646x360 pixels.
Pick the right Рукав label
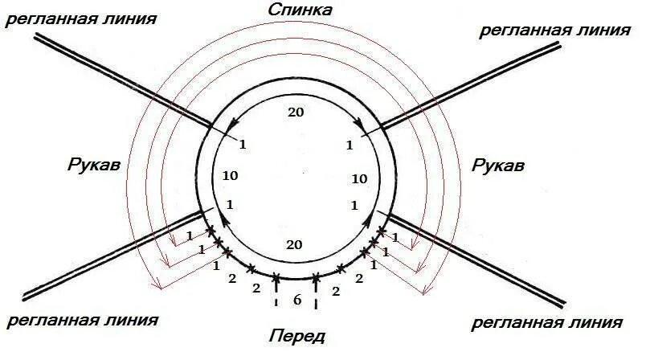pyautogui.click(x=497, y=166)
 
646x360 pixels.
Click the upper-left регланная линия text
pyautogui.click(x=80, y=18)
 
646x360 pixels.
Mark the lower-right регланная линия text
pyautogui.click(x=546, y=324)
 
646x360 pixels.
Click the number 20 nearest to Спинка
pyautogui.click(x=295, y=112)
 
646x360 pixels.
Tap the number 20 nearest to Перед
pyautogui.click(x=294, y=245)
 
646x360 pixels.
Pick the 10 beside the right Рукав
pyautogui.click(x=359, y=178)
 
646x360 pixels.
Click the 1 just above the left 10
pyautogui.click(x=242, y=145)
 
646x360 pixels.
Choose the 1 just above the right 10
pyautogui.click(x=350, y=145)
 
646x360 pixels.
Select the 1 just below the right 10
pyautogui.click(x=355, y=206)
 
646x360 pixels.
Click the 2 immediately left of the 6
pyautogui.click(x=256, y=288)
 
